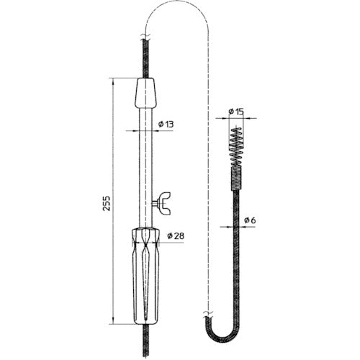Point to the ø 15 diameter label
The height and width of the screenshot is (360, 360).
tap(235, 111)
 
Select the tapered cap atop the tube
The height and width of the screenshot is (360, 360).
tap(147, 92)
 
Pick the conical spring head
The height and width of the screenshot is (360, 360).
tap(236, 150)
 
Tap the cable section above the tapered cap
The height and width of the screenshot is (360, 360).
tap(147, 58)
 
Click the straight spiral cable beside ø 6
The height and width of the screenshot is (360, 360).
tap(235, 259)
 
